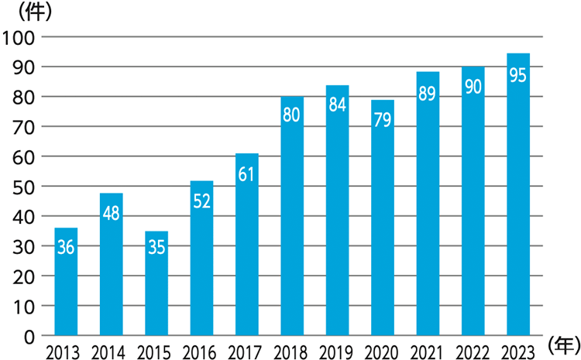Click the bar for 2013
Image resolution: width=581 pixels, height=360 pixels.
pyautogui.click(x=66, y=282)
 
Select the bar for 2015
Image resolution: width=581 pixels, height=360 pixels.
pyautogui.click(x=156, y=283)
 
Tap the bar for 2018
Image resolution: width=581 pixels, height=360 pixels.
pyautogui.click(x=292, y=216)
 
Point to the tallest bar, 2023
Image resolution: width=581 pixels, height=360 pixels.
pyautogui.click(x=518, y=194)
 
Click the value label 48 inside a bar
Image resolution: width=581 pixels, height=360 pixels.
pyautogui.click(x=112, y=214)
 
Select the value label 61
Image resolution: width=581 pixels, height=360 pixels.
pyautogui.click(x=247, y=174)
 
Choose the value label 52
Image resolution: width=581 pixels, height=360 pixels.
pyautogui.click(x=201, y=201)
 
